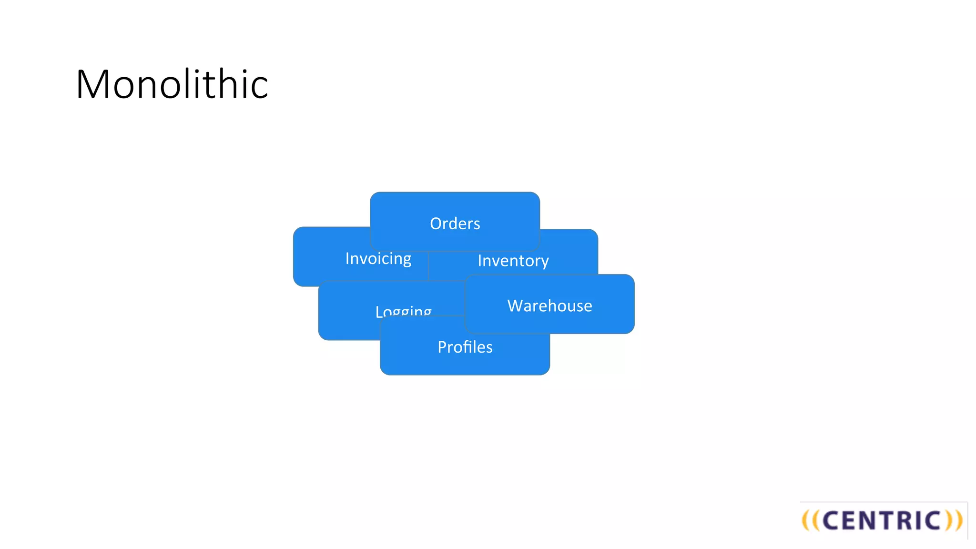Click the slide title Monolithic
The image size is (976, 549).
pos(172,84)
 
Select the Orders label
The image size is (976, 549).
pos(455,224)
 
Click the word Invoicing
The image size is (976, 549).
pos(378,259)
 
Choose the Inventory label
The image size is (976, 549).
pos(513,261)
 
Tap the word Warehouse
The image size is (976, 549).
pos(549,305)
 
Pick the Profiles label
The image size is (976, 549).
pos(465,347)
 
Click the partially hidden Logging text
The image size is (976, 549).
pos(403,311)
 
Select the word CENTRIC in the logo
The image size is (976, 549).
pos(882,520)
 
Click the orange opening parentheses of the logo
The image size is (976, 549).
pos(811,520)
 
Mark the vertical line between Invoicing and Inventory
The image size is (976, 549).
pos(428,265)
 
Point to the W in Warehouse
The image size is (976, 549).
pos(515,305)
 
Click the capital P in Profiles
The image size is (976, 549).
pos(442,347)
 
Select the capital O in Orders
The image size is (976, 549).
pos(436,224)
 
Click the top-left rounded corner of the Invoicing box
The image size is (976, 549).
pos(297,231)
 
